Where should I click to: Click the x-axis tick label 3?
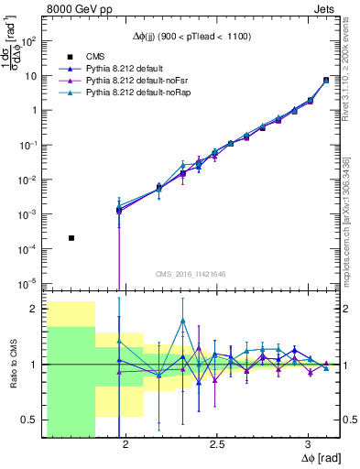(x=309, y=443)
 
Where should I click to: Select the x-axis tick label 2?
(x=125, y=443)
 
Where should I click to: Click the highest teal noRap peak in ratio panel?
(x=183, y=321)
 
